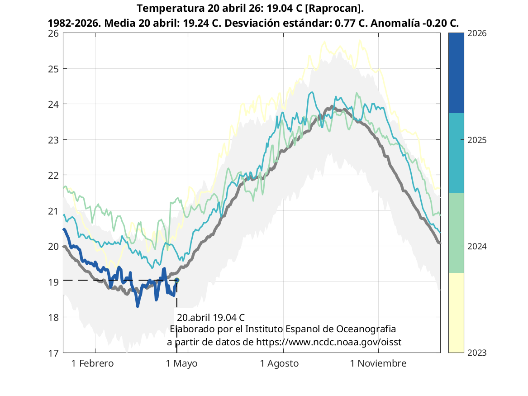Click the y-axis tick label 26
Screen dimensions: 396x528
(x=53, y=33)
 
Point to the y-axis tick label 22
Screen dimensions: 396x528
(x=53, y=175)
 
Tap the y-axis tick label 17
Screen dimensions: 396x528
(x=53, y=353)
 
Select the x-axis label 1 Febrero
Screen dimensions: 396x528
(x=93, y=363)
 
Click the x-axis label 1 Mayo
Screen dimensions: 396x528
(x=181, y=363)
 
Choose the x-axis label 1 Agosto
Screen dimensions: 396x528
(x=279, y=363)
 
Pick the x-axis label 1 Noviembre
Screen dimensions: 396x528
(x=379, y=363)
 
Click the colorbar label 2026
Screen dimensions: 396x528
(x=476, y=33)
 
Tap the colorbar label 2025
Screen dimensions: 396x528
(x=476, y=140)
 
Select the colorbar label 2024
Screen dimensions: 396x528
(x=476, y=246)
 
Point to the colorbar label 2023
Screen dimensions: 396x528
(x=476, y=353)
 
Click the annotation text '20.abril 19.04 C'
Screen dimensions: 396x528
(x=211, y=317)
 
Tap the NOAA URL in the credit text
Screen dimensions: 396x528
(x=329, y=342)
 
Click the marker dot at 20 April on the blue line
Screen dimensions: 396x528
(x=177, y=280)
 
